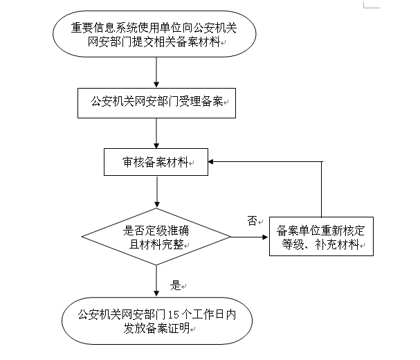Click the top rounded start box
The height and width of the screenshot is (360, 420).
pos(158,36)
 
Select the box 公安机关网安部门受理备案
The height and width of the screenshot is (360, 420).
pos(158,102)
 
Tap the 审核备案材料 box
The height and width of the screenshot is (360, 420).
pos(157,162)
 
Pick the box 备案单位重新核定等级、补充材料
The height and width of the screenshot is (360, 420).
pos(320,237)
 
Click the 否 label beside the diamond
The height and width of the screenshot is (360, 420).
pos(252,221)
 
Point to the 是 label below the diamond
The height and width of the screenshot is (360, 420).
pos(175,285)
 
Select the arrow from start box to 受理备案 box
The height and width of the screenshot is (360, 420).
pos(158,71)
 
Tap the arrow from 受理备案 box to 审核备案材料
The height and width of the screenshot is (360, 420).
pos(158,132)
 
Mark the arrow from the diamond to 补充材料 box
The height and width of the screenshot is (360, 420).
pos(249,238)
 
